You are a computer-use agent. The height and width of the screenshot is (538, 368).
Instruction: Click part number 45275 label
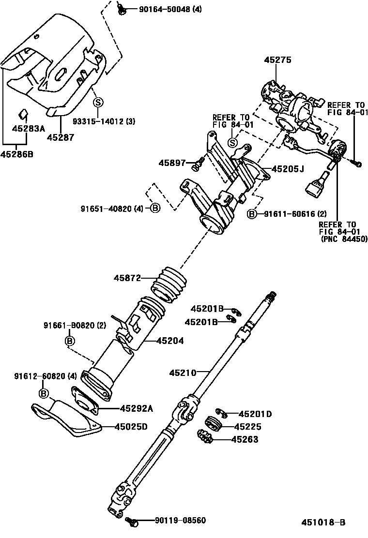click(277, 60)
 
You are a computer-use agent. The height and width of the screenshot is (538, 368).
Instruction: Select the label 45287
click(61, 138)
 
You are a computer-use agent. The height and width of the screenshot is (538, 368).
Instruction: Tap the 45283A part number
click(28, 129)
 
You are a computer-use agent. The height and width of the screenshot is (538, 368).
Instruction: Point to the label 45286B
click(16, 155)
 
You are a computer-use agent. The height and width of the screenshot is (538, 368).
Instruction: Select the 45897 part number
click(172, 163)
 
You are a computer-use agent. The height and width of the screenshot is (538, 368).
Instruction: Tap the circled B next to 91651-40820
click(154, 208)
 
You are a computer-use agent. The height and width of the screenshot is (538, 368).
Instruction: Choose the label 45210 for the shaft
click(183, 373)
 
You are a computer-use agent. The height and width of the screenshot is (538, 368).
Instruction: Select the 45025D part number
click(131, 426)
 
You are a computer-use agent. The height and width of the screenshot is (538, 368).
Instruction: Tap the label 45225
click(247, 427)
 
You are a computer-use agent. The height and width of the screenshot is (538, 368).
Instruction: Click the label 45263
click(245, 439)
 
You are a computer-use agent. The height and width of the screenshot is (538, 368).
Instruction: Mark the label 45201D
click(255, 414)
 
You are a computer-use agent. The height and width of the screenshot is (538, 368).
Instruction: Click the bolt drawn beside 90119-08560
click(131, 521)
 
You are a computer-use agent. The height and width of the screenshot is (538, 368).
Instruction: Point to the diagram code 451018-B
click(323, 523)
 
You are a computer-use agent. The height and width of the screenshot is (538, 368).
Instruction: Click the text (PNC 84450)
click(344, 239)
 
